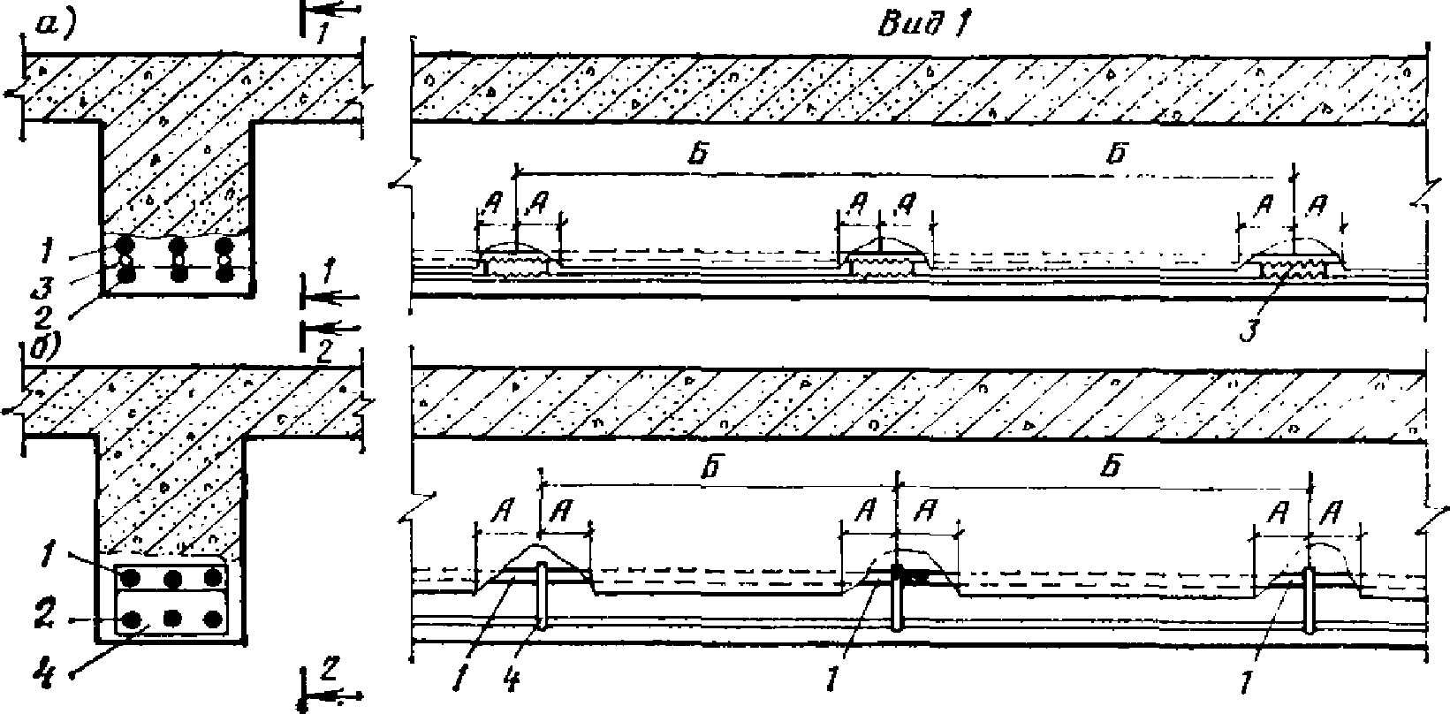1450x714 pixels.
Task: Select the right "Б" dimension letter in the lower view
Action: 1112,468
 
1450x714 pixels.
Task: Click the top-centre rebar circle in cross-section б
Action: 173,580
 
